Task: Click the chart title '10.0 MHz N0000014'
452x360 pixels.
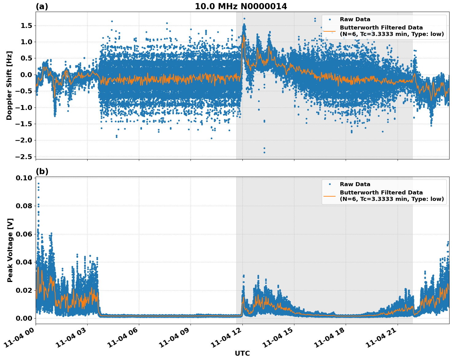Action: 241,6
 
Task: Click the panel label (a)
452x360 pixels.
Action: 42,6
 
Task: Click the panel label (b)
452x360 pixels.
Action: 42,171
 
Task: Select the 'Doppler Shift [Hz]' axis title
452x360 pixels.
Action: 9,85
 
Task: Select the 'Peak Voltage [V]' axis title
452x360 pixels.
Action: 10,250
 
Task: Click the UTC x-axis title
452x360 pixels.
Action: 242,353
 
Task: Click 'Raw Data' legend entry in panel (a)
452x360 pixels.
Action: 355,19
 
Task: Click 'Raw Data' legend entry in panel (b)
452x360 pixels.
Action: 355,184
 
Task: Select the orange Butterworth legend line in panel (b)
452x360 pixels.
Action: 329,196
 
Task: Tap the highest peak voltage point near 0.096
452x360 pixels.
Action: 38,184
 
